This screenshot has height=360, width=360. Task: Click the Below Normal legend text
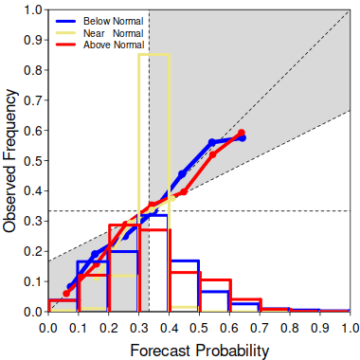click(x=114, y=21)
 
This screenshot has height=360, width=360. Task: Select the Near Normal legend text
click(x=114, y=33)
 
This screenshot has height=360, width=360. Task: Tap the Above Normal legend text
click(x=114, y=45)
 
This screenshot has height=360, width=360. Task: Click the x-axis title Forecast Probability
click(x=200, y=351)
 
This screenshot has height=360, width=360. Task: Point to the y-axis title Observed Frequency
click(x=9, y=161)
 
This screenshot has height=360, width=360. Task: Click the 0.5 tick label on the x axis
click(x=199, y=328)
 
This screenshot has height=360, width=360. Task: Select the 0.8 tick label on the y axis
click(x=32, y=70)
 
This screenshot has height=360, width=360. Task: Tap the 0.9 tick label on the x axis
click(x=320, y=328)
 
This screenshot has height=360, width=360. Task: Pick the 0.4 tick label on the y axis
click(x=32, y=191)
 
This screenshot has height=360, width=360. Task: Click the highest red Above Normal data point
click(x=242, y=133)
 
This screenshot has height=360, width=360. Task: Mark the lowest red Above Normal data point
click(x=66, y=294)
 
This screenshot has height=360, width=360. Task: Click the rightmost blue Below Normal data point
click(x=243, y=138)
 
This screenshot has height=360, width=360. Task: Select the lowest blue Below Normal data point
click(x=70, y=287)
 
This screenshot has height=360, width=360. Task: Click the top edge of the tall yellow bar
click(x=154, y=55)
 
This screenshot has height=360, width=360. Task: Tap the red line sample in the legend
click(x=65, y=45)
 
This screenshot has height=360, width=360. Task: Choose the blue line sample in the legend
click(x=65, y=21)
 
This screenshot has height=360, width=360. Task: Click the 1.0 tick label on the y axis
click(x=32, y=9)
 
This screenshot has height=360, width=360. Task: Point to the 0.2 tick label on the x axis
click(x=109, y=328)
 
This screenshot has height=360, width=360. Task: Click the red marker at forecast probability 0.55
click(x=212, y=154)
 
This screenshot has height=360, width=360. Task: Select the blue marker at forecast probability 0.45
click(x=182, y=173)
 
